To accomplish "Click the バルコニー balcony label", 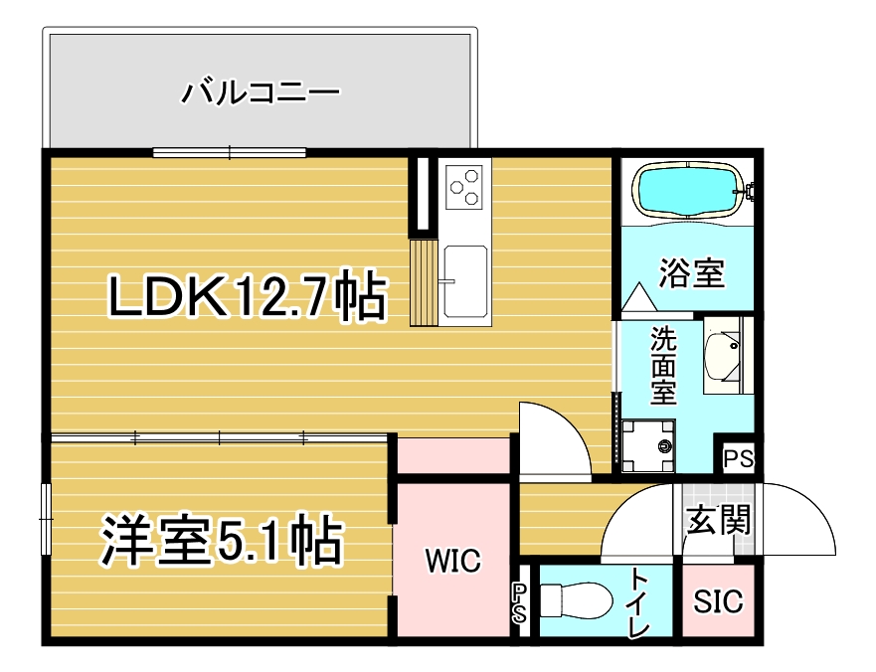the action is tap(261, 92).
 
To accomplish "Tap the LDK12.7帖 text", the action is tap(247, 296).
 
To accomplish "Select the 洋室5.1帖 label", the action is tap(221, 540).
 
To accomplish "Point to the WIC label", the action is tap(452, 561).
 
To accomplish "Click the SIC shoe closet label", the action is tap(719, 601).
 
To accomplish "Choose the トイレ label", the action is tap(639, 601).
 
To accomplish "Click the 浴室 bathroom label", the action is tap(692, 272).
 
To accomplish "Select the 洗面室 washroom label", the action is tap(663, 366).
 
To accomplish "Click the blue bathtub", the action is tap(688, 190).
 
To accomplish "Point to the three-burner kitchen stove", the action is tap(464, 187).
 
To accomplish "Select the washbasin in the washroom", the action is tap(723, 355).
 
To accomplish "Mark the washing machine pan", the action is tap(648, 446).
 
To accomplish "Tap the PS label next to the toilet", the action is tap(519, 603).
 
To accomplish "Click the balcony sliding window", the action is tap(230, 152).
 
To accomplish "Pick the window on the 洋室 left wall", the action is tap(47, 520).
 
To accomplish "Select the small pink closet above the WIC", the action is tap(453, 456).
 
